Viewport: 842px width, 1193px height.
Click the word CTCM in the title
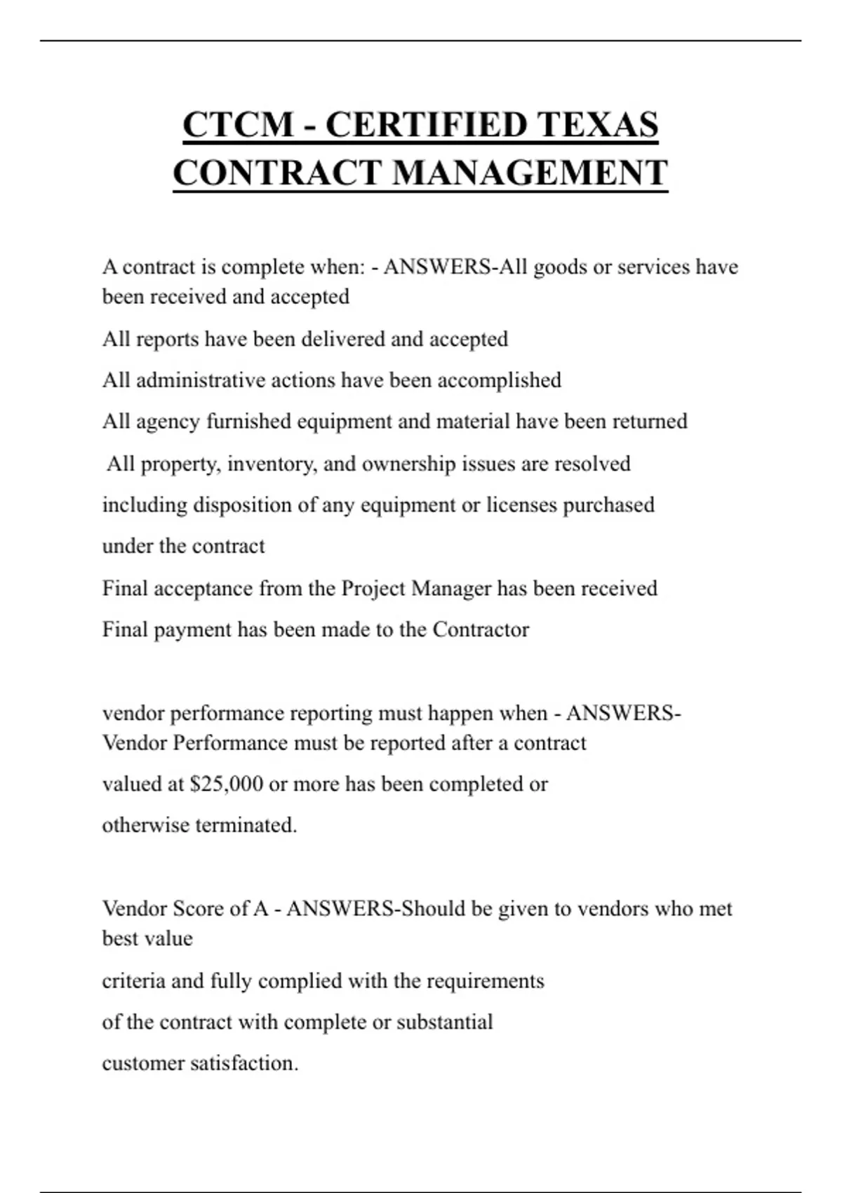tap(238, 125)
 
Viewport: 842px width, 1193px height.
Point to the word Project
tap(373, 588)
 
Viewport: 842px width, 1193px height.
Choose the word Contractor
tap(481, 629)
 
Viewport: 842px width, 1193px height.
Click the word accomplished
tap(499, 380)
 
